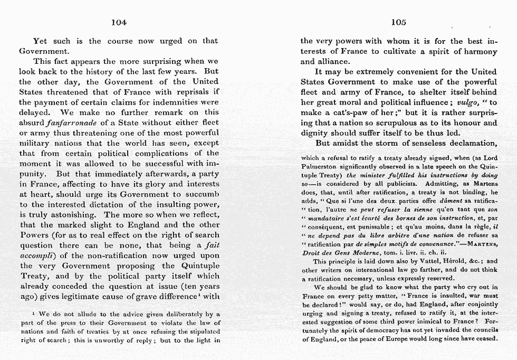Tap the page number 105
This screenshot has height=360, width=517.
tap(398, 22)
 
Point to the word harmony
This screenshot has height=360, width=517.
tap(479, 51)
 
